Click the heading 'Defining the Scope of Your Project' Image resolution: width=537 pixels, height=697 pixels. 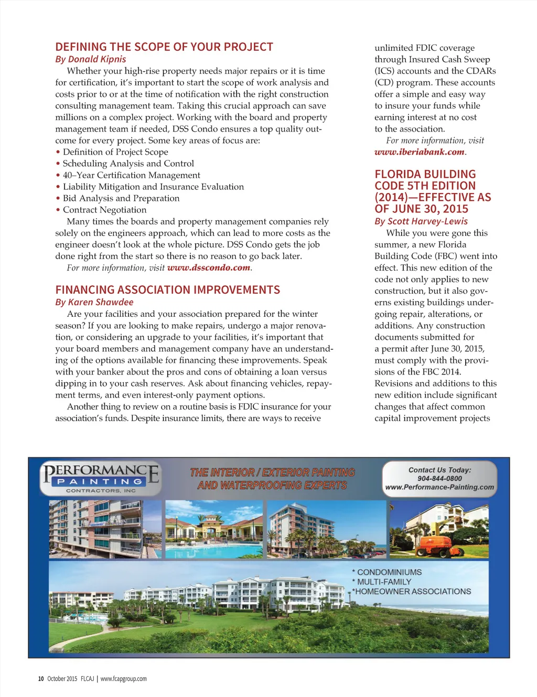pos(164,47)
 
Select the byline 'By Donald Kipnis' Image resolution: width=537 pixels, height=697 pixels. pos(91,59)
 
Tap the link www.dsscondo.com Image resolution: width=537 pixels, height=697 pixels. pos(209,268)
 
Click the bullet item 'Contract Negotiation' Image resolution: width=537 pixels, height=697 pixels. pos(104,210)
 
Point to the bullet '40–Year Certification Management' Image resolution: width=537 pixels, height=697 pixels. pos(131,175)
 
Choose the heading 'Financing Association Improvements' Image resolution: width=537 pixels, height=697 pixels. pos(168,290)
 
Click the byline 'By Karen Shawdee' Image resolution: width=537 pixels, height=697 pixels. pos(94,302)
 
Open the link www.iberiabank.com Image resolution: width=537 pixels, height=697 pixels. pos(420,152)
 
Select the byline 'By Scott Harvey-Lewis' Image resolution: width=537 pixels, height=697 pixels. pos(421,221)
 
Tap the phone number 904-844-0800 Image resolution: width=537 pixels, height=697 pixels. pos(439,478)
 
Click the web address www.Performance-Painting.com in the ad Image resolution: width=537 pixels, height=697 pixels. pos(439,487)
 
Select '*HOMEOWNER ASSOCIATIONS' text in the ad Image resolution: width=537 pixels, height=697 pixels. pos(412,592)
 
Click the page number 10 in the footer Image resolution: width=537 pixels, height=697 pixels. pos(41,679)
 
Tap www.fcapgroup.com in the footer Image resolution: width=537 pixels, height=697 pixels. pos(124,679)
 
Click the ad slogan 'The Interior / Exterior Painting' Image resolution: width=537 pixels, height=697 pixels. pos(272,473)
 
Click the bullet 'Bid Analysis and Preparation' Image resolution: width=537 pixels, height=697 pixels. pos(121,198)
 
